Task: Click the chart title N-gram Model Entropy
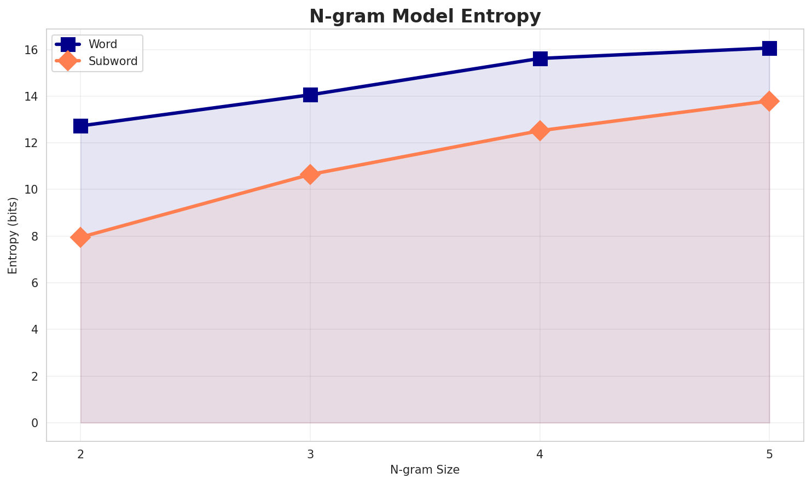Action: pos(425,16)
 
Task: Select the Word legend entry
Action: pos(103,44)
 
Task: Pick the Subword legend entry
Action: pos(113,61)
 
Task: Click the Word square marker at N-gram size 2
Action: pos(80,126)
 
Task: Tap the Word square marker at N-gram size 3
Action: pos(310,95)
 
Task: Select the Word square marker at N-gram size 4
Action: pos(540,59)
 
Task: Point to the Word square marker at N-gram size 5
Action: pos(769,48)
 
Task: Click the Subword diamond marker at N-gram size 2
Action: pos(80,237)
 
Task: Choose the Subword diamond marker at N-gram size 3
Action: pos(310,174)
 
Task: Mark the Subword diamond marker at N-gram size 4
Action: pos(540,131)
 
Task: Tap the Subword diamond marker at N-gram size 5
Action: pos(769,101)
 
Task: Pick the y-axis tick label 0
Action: pos(34,423)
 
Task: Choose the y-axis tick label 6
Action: pos(34,283)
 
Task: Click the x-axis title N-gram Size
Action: pos(425,470)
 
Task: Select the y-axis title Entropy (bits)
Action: pos(13,235)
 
